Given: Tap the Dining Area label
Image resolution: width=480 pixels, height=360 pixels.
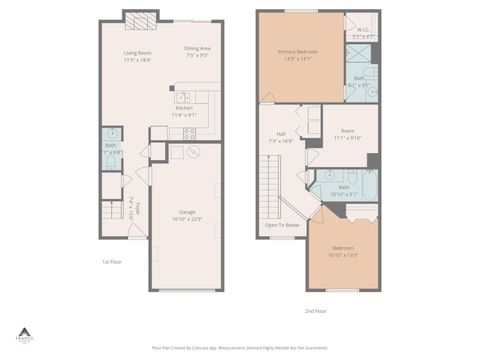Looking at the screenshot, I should click(197, 51).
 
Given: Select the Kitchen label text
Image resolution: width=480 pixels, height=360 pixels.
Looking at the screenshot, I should click(184, 111).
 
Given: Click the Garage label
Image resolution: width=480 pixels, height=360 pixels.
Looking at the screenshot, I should click(186, 215).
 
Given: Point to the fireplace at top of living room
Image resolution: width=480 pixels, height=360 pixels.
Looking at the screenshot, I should click(141, 17).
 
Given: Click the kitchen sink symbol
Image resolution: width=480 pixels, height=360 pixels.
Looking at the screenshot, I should click(183, 98).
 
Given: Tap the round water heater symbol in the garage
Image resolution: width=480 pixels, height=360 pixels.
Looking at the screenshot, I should click(193, 152).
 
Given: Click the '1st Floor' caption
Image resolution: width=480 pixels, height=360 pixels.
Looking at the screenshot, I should click(110, 261).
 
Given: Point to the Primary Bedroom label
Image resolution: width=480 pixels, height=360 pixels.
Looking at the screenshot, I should click(298, 54).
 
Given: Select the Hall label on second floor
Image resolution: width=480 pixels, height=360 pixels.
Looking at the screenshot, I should click(281, 137).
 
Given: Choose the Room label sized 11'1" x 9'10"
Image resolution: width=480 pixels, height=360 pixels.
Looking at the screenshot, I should click(346, 134).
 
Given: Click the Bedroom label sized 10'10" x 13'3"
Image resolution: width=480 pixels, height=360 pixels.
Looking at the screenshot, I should click(343, 251).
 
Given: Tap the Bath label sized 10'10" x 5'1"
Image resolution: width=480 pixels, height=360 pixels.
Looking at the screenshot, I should click(343, 189).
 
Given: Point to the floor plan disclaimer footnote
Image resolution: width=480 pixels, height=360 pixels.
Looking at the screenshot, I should click(240, 347).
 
